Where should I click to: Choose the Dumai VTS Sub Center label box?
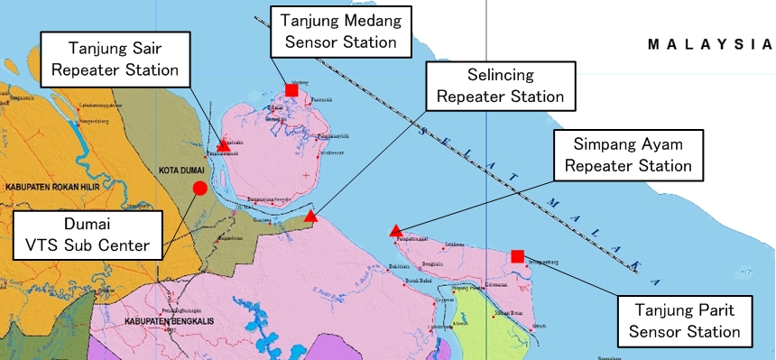coord(88,233)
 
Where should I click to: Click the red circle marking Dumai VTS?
coord(199,188)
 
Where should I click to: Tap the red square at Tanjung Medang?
coord(291,89)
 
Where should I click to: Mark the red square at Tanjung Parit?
coord(517,256)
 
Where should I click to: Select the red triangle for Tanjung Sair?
coord(224,144)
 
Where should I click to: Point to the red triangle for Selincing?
coord(310,217)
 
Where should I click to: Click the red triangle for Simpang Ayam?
coord(395,232)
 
